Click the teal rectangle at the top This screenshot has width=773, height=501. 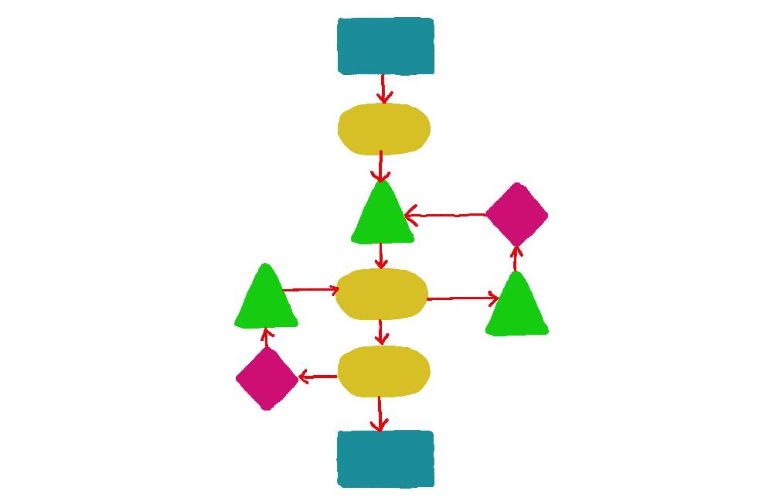coord(386,46)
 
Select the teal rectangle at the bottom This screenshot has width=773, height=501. coord(386,459)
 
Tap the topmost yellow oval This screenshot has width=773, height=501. coord(383,128)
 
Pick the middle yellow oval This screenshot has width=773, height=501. coord(382,294)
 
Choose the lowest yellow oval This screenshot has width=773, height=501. coord(383,371)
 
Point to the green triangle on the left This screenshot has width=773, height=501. coord(266,300)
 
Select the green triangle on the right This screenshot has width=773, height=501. coord(516,308)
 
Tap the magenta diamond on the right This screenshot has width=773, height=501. coord(516,214)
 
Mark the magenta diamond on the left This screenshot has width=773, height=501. coord(267,378)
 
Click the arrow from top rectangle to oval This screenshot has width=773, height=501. coord(383,88)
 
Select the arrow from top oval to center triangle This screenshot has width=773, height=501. coord(381,167)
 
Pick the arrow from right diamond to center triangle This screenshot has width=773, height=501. coord(446,215)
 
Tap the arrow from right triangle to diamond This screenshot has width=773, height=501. coord(516,258)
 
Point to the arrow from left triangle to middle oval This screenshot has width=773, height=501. coord(311,290)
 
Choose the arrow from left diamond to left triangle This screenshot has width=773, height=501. coord(266,337)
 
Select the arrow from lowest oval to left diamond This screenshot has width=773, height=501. coord(318,377)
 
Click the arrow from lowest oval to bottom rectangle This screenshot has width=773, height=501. coord(379,414)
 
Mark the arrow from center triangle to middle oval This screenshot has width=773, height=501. coord(381,256)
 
